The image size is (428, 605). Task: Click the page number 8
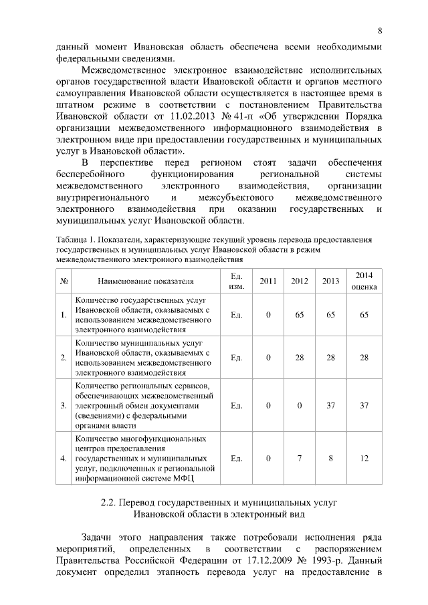(379, 31)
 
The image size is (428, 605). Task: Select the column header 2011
(268, 281)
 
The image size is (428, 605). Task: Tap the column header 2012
(300, 281)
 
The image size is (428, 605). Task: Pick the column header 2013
(330, 281)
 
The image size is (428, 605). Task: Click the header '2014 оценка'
(364, 281)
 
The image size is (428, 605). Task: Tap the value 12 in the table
(364, 459)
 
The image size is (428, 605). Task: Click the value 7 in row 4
(300, 459)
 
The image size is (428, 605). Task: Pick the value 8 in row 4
(330, 459)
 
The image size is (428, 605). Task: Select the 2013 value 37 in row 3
(330, 405)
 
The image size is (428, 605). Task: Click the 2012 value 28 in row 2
(300, 358)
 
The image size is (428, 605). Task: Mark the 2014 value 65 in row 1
(364, 315)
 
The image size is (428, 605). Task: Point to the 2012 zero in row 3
(300, 405)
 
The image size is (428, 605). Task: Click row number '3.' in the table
(64, 405)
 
